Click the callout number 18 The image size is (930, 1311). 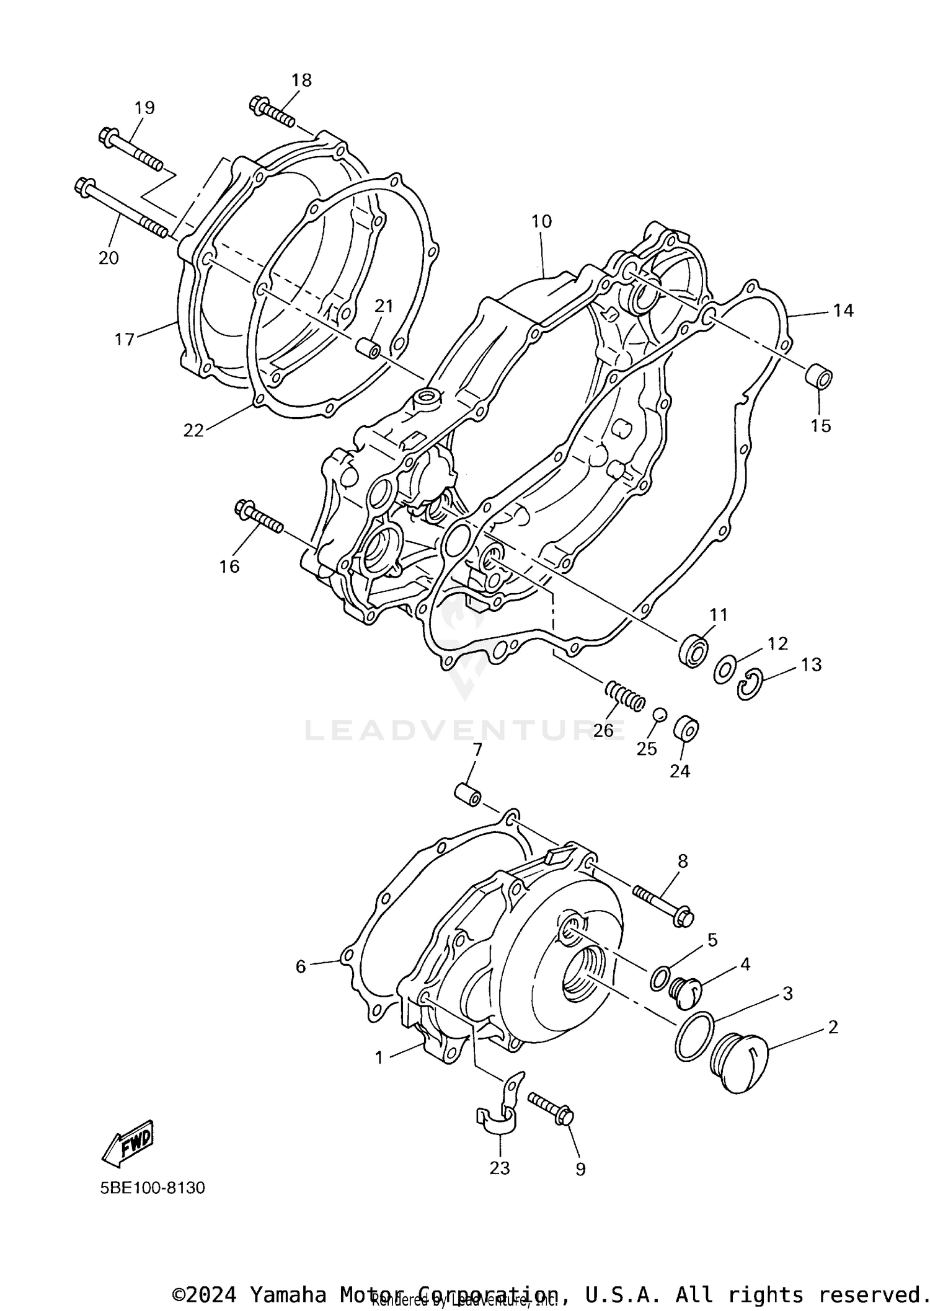(x=301, y=81)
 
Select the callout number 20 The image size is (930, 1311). (x=108, y=257)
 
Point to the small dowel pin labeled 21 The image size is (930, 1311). (x=368, y=348)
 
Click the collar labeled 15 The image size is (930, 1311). (x=818, y=377)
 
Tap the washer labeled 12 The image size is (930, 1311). (x=724, y=670)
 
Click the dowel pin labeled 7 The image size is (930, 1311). (x=468, y=794)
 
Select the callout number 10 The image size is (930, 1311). (x=541, y=221)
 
